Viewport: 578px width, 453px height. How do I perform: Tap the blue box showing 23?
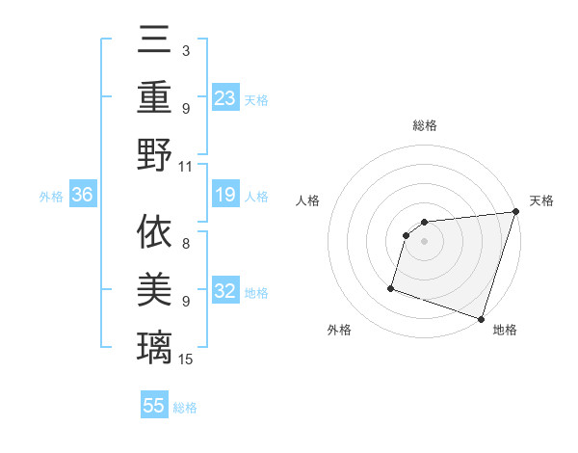(224, 98)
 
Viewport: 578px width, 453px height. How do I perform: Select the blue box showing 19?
(224, 196)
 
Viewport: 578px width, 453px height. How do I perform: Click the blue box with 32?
(224, 292)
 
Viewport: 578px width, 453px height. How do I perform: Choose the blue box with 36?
(82, 196)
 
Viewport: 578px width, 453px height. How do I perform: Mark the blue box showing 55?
(154, 406)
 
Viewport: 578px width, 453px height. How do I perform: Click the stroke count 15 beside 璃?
(187, 360)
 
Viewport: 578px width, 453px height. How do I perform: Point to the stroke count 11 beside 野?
(186, 166)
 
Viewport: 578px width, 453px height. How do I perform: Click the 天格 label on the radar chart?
(541, 200)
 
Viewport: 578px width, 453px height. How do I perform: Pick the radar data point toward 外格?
(392, 287)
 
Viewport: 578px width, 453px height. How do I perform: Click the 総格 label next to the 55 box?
(186, 408)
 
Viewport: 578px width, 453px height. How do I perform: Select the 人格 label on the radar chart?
(307, 200)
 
